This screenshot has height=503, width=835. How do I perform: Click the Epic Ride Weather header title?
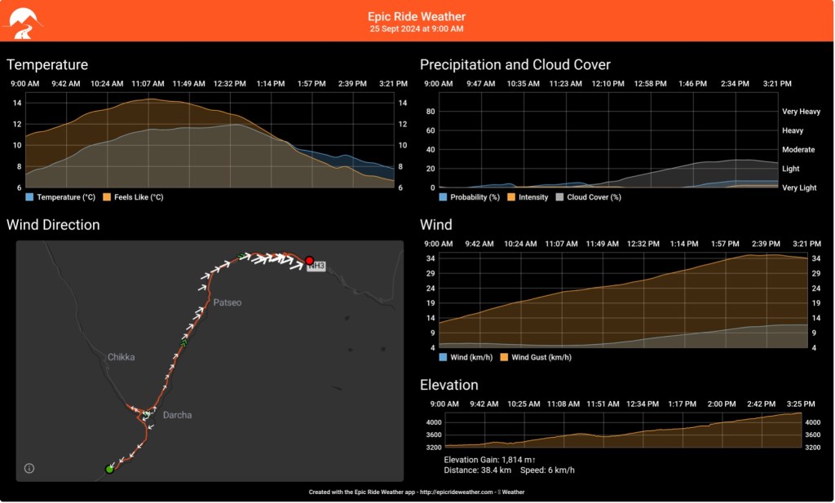pos(417,16)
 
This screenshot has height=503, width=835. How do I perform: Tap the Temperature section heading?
pos(47,64)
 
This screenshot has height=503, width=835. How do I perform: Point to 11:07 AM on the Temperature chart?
pos(148,84)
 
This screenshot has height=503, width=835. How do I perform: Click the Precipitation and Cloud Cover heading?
pos(515,64)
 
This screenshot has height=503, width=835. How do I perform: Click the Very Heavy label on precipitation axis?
pos(801,112)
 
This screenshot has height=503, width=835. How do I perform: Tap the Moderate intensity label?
pos(798,150)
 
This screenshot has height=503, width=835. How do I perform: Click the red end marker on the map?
pos(309,260)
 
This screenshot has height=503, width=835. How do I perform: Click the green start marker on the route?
pos(109,469)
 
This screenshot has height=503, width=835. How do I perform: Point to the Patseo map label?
pos(228,302)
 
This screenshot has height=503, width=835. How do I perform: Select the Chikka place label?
pos(121,357)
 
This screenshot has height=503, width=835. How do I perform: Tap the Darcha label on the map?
pos(178,415)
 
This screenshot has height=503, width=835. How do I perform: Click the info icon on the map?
pos(29,468)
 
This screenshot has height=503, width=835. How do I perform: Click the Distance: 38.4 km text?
pos(477,470)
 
